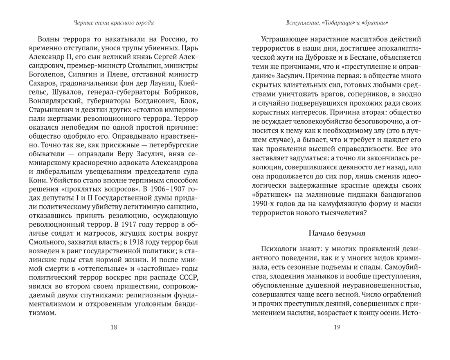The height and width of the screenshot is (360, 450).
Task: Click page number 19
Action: pos(337,327)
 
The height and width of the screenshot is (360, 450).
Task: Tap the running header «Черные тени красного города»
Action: pos(113,23)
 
